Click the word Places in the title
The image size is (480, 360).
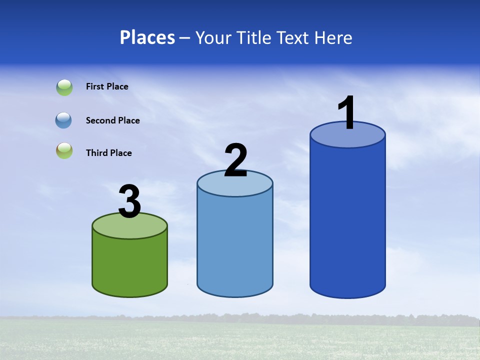pyautogui.click(x=147, y=37)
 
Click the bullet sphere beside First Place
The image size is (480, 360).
pyautogui.click(x=64, y=87)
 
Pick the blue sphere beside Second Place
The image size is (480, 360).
pyautogui.click(x=63, y=120)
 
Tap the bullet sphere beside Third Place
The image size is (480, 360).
pyautogui.click(x=64, y=151)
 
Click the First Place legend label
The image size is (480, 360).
pyautogui.click(x=107, y=86)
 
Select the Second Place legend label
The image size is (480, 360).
pyautogui.click(x=112, y=120)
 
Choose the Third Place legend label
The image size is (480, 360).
pyautogui.click(x=108, y=153)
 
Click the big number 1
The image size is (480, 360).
pyautogui.click(x=347, y=113)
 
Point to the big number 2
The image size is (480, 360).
pyautogui.click(x=235, y=160)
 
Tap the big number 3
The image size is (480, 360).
pyautogui.click(x=130, y=202)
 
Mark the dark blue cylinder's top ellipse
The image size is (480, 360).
pyautogui.click(x=347, y=138)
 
